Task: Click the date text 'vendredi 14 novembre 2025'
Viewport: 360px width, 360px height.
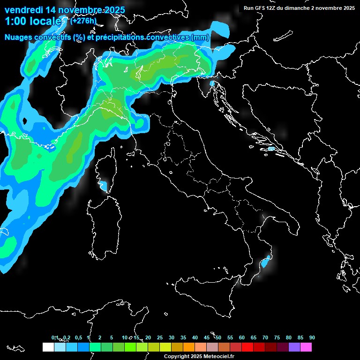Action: click(65, 10)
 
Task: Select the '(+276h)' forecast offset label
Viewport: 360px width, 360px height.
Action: click(83, 21)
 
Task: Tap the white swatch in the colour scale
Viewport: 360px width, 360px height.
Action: click(48, 347)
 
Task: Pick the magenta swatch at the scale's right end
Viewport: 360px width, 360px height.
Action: click(306, 347)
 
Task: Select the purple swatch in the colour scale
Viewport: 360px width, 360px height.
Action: click(294, 347)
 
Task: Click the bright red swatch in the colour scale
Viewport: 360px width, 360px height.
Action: click(247, 347)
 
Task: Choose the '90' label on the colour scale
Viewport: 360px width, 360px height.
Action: click(312, 338)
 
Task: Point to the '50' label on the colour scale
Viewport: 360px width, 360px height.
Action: click(218, 338)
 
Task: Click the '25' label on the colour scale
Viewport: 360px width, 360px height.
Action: click(160, 338)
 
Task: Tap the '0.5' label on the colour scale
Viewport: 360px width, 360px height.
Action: click(78, 338)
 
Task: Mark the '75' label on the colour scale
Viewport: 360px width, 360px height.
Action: click(277, 338)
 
